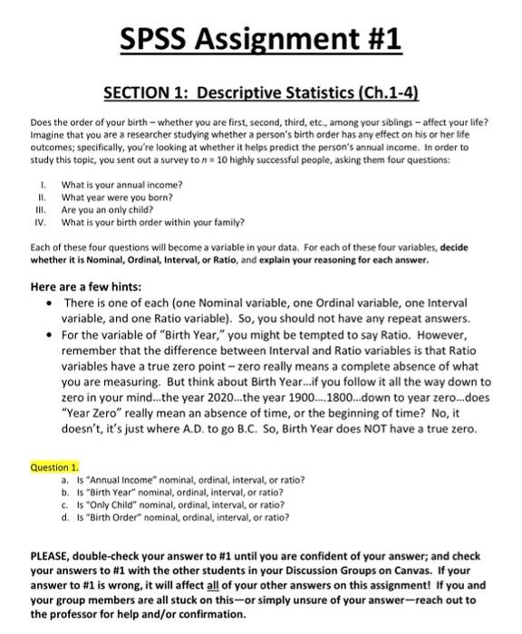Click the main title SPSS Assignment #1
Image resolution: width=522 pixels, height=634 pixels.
pos(261,39)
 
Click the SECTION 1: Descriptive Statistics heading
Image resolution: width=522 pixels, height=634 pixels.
pos(261,93)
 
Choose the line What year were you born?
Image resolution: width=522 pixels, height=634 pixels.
pos(114,196)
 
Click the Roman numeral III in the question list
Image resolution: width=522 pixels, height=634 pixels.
pos(36,207)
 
